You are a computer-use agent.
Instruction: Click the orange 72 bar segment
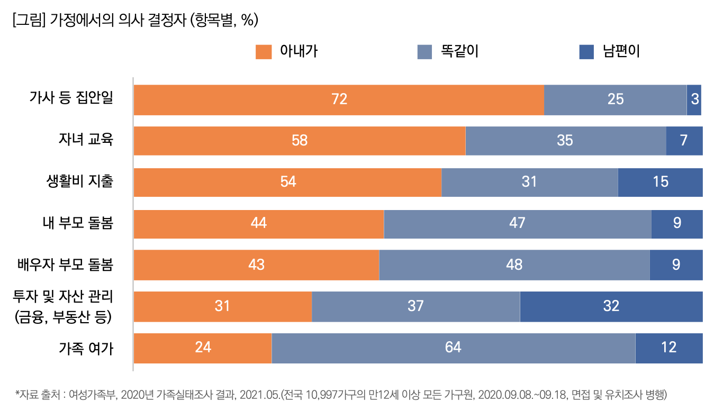(x=339, y=99)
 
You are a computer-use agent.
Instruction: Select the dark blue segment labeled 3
(x=694, y=99)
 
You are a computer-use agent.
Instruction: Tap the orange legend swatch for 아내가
(x=263, y=52)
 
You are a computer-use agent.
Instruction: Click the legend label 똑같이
(x=456, y=52)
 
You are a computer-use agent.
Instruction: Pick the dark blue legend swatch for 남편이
(x=586, y=52)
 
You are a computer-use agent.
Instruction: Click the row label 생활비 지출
(x=80, y=181)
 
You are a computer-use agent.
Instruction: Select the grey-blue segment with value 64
(x=453, y=348)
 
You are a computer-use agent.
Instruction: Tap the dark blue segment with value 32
(x=611, y=306)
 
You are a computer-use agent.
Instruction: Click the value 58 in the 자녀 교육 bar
(x=300, y=141)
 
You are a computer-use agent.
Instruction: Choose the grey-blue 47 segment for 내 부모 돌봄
(x=517, y=223)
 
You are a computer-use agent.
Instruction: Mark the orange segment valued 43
(x=256, y=265)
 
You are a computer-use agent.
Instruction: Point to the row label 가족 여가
(x=86, y=348)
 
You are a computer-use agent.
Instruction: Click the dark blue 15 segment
(x=660, y=182)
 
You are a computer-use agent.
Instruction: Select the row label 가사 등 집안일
(x=71, y=99)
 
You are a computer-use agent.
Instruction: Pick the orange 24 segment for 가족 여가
(x=203, y=348)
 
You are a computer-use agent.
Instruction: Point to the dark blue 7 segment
(x=684, y=141)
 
